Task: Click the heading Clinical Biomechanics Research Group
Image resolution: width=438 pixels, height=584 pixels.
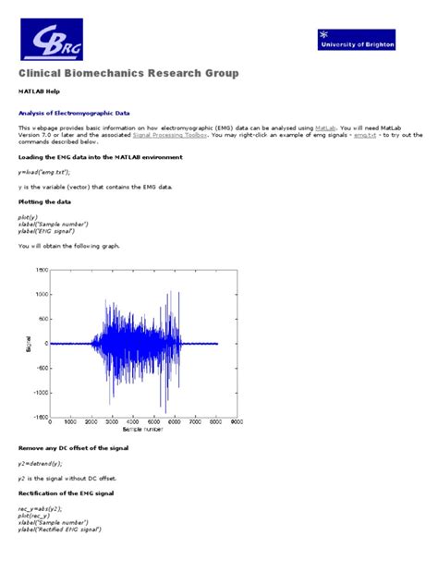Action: tap(128, 73)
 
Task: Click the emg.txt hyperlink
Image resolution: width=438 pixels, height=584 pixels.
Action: tap(365, 135)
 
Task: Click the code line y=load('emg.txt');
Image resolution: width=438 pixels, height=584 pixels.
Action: tap(43, 172)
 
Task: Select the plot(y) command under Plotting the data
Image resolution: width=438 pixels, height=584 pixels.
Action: tap(28, 216)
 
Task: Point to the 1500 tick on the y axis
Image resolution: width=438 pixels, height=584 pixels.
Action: tap(42, 270)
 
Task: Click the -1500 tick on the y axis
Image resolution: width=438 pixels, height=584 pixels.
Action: tap(41, 417)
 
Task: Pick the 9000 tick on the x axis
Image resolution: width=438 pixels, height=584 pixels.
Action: tap(237, 422)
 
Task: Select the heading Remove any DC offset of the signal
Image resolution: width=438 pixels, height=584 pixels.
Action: tap(73, 447)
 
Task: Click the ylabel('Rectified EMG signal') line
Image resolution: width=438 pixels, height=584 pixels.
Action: tap(58, 529)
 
